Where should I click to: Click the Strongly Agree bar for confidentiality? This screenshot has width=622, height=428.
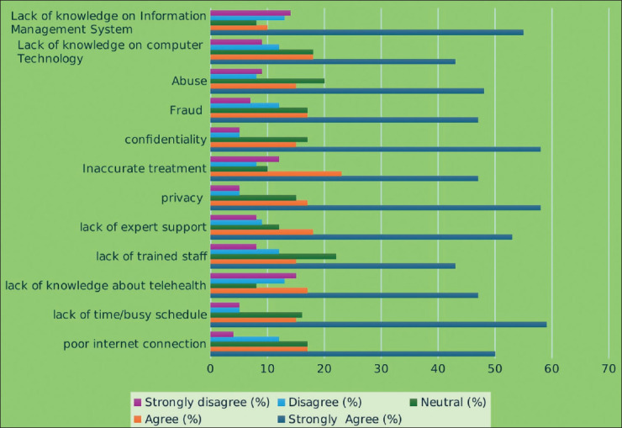pyautogui.click(x=375, y=150)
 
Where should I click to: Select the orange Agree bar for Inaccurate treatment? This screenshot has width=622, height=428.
pyautogui.click(x=276, y=174)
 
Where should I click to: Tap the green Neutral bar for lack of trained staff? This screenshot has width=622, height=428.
pyautogui.click(x=273, y=256)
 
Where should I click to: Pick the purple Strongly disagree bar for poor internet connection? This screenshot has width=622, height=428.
pyautogui.click(x=222, y=335)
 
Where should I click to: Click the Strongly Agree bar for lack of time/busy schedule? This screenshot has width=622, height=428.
pyautogui.click(x=378, y=325)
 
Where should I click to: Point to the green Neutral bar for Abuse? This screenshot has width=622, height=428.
pyautogui.click(x=267, y=81)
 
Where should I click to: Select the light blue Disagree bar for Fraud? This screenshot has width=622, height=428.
pyautogui.click(x=245, y=105)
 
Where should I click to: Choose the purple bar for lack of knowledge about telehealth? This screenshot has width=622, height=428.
pyautogui.click(x=253, y=276)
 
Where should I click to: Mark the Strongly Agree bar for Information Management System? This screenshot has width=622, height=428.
pyautogui.click(x=367, y=33)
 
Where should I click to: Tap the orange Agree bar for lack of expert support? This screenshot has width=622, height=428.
pyautogui.click(x=261, y=232)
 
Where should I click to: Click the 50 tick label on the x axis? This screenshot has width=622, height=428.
pyautogui.click(x=495, y=369)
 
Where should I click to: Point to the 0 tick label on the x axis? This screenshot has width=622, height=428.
pyautogui.click(x=210, y=369)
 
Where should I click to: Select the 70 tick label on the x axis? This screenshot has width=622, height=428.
pyautogui.click(x=609, y=369)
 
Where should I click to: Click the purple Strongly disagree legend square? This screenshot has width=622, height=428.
pyautogui.click(x=138, y=403)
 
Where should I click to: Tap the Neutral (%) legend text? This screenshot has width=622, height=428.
pyautogui.click(x=453, y=402)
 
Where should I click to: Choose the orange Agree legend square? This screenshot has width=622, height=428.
pyautogui.click(x=138, y=420)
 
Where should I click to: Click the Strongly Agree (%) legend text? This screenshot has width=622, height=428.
pyautogui.click(x=345, y=420)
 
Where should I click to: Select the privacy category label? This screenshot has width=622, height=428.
pyautogui.click(x=182, y=198)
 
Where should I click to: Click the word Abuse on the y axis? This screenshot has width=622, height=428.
pyautogui.click(x=189, y=81)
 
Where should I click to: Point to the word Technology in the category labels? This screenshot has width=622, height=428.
pyautogui.click(x=50, y=59)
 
